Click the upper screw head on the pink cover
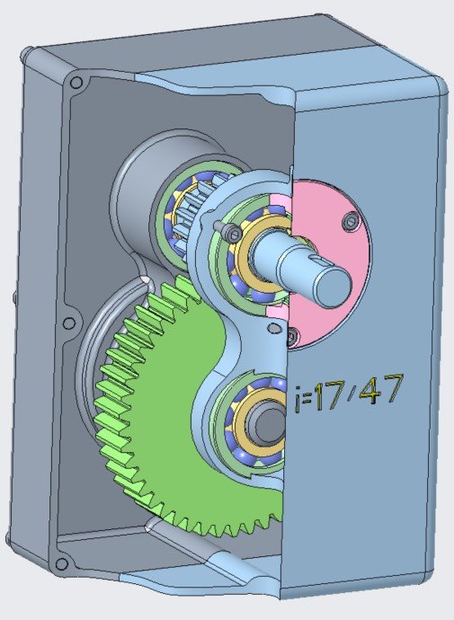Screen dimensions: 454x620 tap(352, 221)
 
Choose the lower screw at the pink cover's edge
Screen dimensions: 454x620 tap(292, 336)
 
